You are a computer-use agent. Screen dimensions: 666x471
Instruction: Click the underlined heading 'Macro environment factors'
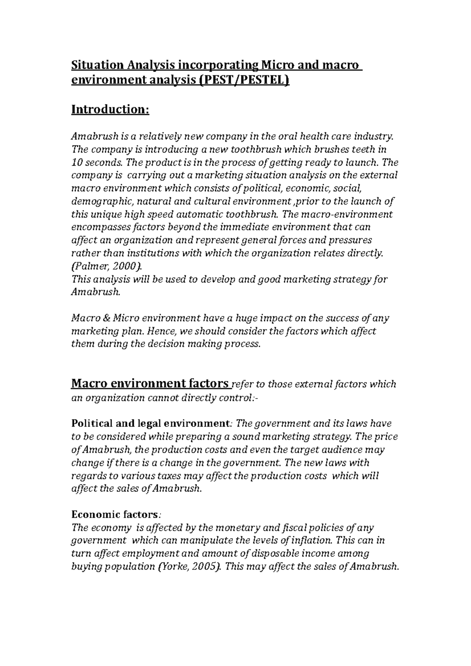[x=150, y=383]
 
